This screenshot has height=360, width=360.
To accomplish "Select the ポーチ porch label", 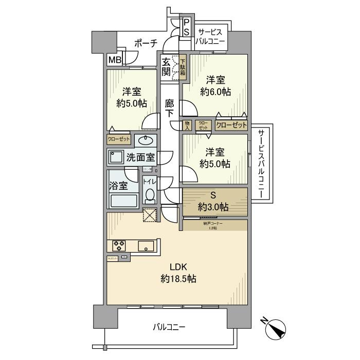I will coord(145,44).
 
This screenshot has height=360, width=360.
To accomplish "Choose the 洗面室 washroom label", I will coord(140,157).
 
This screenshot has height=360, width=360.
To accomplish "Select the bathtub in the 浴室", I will coord(123,201).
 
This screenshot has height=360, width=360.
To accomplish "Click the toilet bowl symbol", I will coord(149,195).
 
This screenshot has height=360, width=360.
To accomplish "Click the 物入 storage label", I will coord(187,125).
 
